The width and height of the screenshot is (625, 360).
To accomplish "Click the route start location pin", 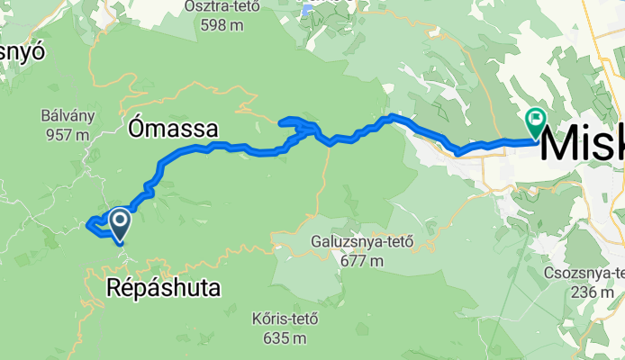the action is point(118,222).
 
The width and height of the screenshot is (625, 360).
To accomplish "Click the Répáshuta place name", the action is point(163,287).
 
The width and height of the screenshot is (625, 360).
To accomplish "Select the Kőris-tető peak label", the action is point(285,319).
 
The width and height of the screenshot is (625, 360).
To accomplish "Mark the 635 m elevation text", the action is point(285,338).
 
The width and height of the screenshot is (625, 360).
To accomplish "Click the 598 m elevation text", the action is point(222,25).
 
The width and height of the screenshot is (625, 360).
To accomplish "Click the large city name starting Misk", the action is point(584,144).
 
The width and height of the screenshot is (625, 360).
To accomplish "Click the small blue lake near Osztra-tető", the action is point(306,11).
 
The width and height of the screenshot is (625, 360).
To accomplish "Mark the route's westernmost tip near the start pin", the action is point(87,225).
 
